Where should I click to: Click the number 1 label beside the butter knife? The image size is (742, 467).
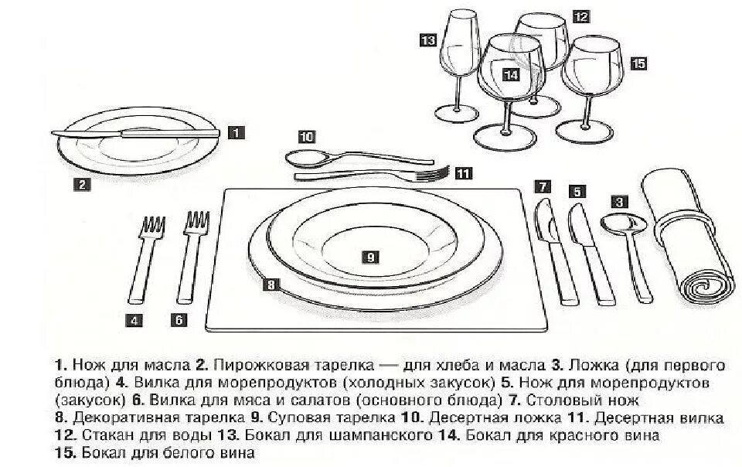237,132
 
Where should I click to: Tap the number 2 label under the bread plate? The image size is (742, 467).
83,184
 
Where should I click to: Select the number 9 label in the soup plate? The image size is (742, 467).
370,256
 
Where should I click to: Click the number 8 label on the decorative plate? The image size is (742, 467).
270,285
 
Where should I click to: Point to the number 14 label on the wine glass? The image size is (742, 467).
510,74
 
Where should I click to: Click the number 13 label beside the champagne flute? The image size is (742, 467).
428,39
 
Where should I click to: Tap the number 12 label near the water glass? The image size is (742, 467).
581,15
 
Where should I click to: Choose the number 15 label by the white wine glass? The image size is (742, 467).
638,64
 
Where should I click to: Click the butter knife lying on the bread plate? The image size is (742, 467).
135,132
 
